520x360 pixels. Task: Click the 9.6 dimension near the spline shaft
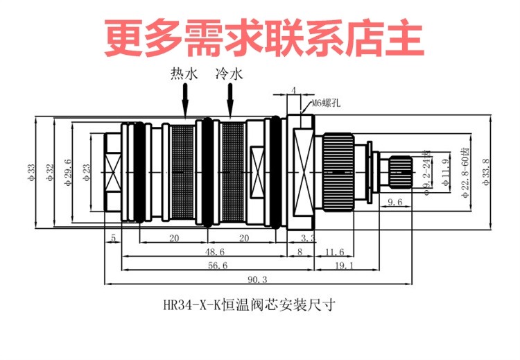pos(395,201)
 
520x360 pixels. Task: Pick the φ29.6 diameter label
pos(67,171)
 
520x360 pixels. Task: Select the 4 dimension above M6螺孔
pos(293,90)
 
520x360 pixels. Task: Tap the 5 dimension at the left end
pos(112,238)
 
